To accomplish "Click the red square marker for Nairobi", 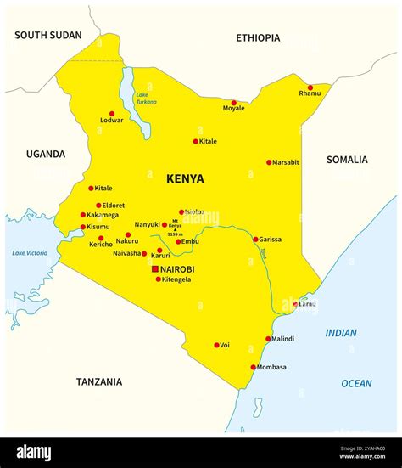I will point(155,269).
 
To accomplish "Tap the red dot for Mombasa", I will point(254,367).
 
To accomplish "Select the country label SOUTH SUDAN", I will point(48,35).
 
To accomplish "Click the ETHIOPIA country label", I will point(258,37).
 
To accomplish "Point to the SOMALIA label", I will point(347,160).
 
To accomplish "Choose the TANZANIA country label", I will point(98,382).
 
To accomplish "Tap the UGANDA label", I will point(45,155).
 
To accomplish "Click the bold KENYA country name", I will point(185,178).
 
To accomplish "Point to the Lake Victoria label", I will point(30,253).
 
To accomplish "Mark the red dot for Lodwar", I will point(111,113).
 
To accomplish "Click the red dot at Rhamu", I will point(310,87).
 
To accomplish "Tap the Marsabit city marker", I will point(269,162).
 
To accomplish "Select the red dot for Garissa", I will point(255,240).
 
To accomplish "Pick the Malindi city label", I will point(282,339).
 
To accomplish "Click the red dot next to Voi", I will point(216,345).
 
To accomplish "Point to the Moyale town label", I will point(233,109).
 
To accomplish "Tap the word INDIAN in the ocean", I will point(341,333).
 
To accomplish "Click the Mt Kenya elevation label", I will point(176,228).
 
